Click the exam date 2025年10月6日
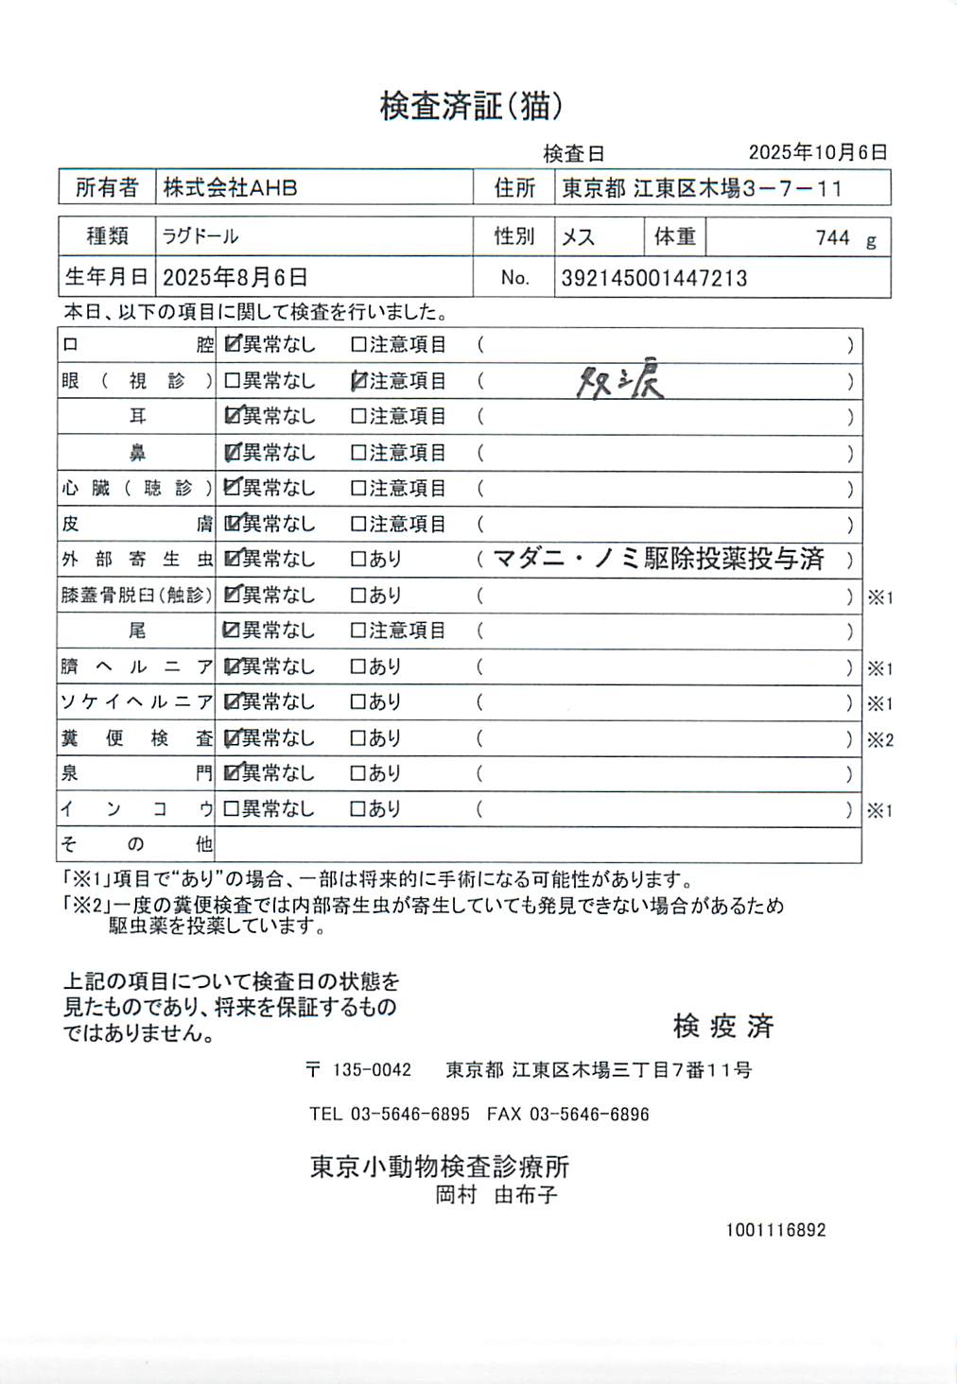point(817,152)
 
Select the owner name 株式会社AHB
point(230,188)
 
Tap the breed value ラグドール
point(200,236)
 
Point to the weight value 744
point(832,238)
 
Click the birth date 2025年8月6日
point(235,278)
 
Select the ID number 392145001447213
point(653,279)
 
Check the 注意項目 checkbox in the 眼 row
point(358,381)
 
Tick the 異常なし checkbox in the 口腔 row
point(232,345)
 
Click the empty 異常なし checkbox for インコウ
point(232,809)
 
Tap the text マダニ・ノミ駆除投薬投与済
point(659,560)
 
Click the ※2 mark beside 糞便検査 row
point(879,740)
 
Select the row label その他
point(137,844)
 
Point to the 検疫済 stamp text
point(723,1026)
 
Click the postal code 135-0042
point(372,1070)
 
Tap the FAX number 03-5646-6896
point(588,1115)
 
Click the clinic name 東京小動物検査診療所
point(440,1167)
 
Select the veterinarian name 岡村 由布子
point(496,1195)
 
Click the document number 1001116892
point(775,1230)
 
